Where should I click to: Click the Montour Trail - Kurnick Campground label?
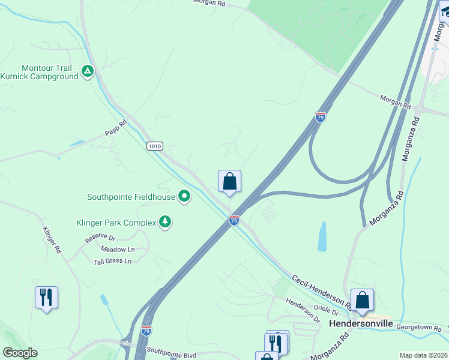click(40, 72)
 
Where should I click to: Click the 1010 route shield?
click(154, 146)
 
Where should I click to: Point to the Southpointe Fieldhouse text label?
click(131, 197)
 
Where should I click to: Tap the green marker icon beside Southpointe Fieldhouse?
click(184, 196)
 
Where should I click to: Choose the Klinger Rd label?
click(52, 239)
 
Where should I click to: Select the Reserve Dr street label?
click(100, 238)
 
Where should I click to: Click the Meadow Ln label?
click(117, 249)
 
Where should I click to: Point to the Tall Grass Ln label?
click(112, 261)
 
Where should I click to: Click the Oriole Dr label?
click(327, 311)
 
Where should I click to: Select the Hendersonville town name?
click(361, 323)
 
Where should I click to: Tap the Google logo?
click(20, 353)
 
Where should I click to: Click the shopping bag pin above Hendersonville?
click(363, 300)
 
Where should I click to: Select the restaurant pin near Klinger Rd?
click(46, 298)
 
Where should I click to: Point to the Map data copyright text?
click(423, 355)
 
